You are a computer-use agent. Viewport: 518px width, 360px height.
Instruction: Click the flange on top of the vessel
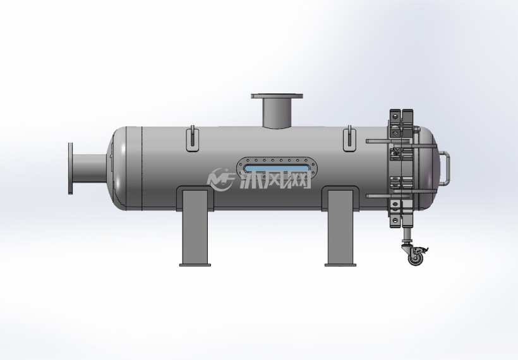tap(277, 96)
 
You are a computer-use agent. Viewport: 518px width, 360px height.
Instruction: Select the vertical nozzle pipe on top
tap(277, 112)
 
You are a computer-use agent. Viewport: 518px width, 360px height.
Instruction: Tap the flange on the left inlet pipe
tap(70, 169)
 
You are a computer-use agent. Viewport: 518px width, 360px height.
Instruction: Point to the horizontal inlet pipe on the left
tap(90, 169)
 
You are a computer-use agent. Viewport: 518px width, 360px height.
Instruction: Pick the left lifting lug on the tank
tap(193, 139)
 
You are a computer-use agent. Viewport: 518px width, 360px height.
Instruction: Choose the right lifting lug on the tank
tap(350, 139)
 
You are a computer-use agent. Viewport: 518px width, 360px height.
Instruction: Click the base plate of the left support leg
tap(195, 265)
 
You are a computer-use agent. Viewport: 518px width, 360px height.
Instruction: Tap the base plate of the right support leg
tap(341, 265)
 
